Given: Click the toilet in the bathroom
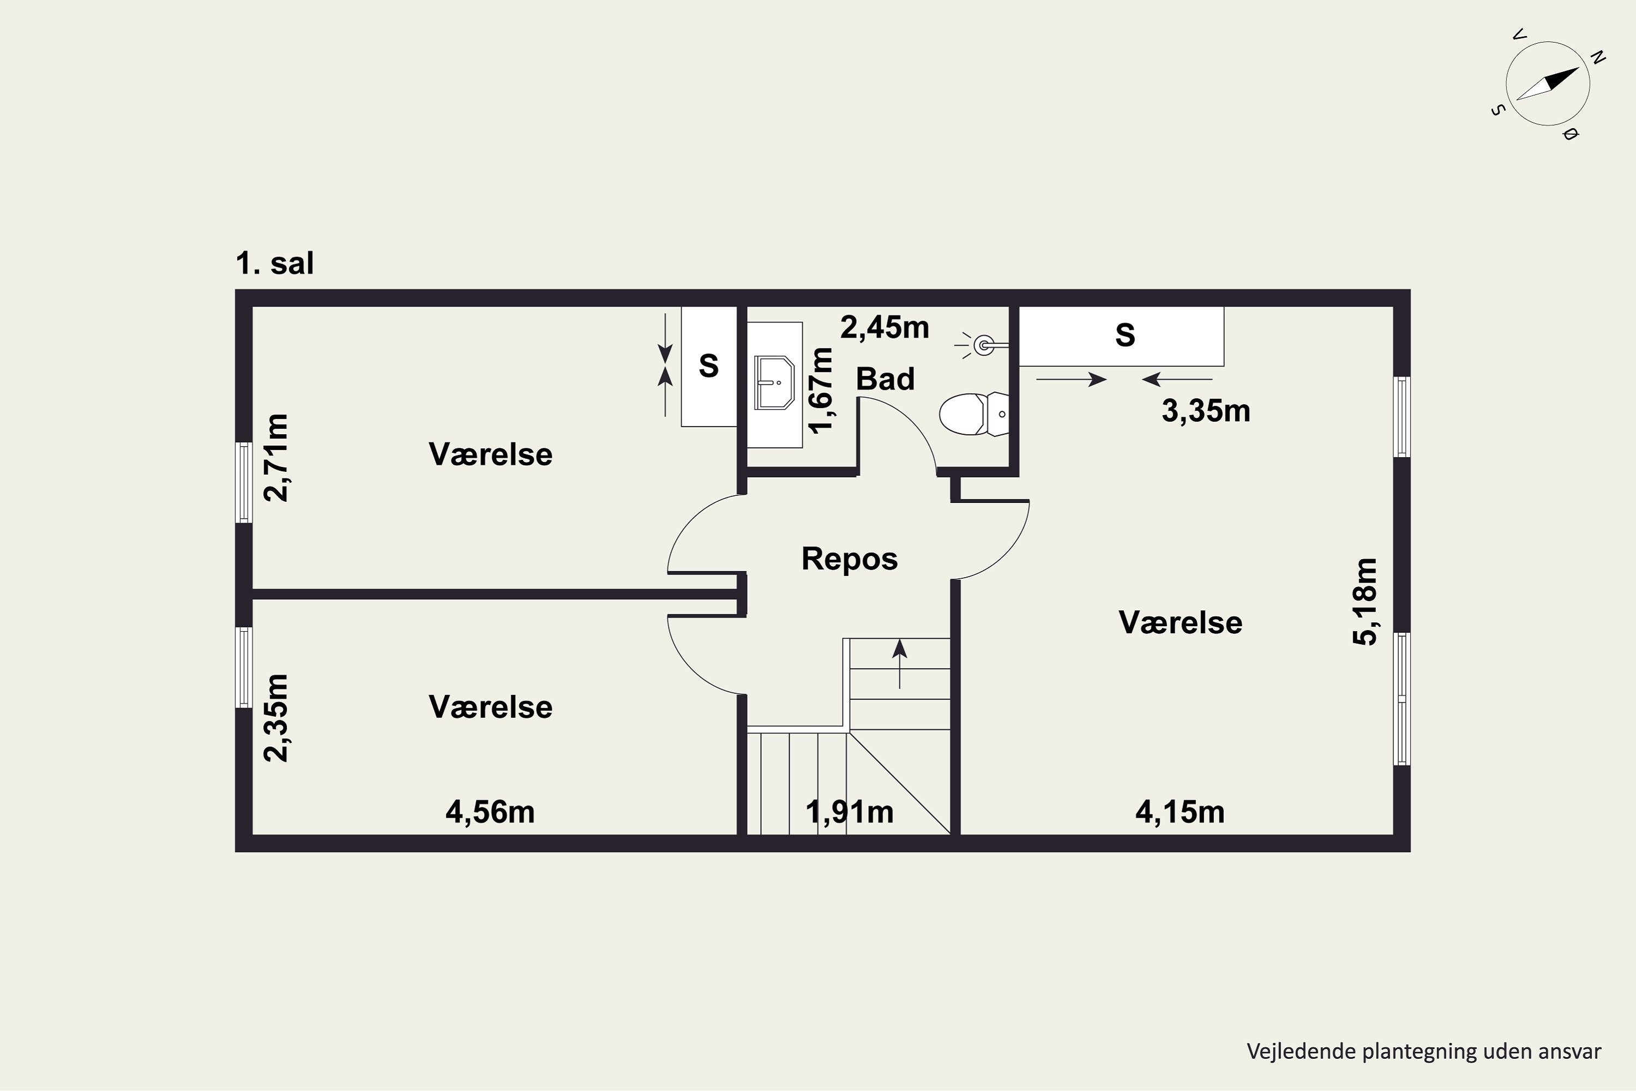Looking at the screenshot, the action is pyautogui.click(x=973, y=414).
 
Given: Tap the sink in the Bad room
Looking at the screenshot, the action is pyautogui.click(x=775, y=383).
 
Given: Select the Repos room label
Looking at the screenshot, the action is pyautogui.click(x=849, y=559).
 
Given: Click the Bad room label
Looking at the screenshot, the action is pyautogui.click(x=885, y=379).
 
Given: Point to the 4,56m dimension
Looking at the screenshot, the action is pyautogui.click(x=490, y=812).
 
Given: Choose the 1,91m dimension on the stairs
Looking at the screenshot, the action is pyautogui.click(x=849, y=812).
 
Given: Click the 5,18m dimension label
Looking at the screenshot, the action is pyautogui.click(x=1365, y=602).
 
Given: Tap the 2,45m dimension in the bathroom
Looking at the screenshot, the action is pyautogui.click(x=885, y=327).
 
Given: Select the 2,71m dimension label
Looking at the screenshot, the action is pyautogui.click(x=275, y=457).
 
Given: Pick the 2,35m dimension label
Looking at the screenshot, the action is pyautogui.click(x=275, y=718).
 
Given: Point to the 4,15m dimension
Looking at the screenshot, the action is pyautogui.click(x=1180, y=812).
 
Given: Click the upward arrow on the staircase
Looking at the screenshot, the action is pyautogui.click(x=900, y=664).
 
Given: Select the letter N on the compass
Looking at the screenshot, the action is pyautogui.click(x=1598, y=58).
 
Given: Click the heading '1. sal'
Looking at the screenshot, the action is pyautogui.click(x=275, y=263).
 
